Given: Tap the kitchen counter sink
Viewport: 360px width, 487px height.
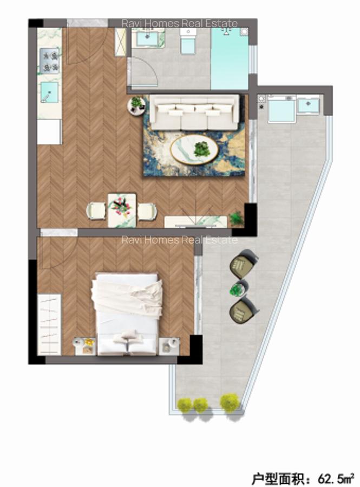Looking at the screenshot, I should tap(50, 93).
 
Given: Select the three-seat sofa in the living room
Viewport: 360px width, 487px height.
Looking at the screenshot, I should tap(194, 112).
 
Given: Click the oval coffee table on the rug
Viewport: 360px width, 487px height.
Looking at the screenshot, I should tap(194, 148).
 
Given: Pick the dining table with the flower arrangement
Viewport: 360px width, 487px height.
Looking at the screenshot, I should tap(121, 209).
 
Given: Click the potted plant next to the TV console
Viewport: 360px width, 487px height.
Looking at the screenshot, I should tap(236, 219).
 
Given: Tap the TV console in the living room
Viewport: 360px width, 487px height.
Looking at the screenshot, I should tap(195, 221).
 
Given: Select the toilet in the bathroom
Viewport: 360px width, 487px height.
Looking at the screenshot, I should tap(188, 41).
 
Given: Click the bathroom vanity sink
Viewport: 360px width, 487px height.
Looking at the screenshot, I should tap(147, 38).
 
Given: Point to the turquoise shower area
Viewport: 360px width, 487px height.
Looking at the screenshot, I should tap(230, 58).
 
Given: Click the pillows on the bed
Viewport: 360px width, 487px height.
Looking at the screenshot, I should tap(128, 339).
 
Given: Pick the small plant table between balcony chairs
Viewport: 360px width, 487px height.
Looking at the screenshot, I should tap(237, 289).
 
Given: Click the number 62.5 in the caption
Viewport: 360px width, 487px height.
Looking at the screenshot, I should tap(330, 478).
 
